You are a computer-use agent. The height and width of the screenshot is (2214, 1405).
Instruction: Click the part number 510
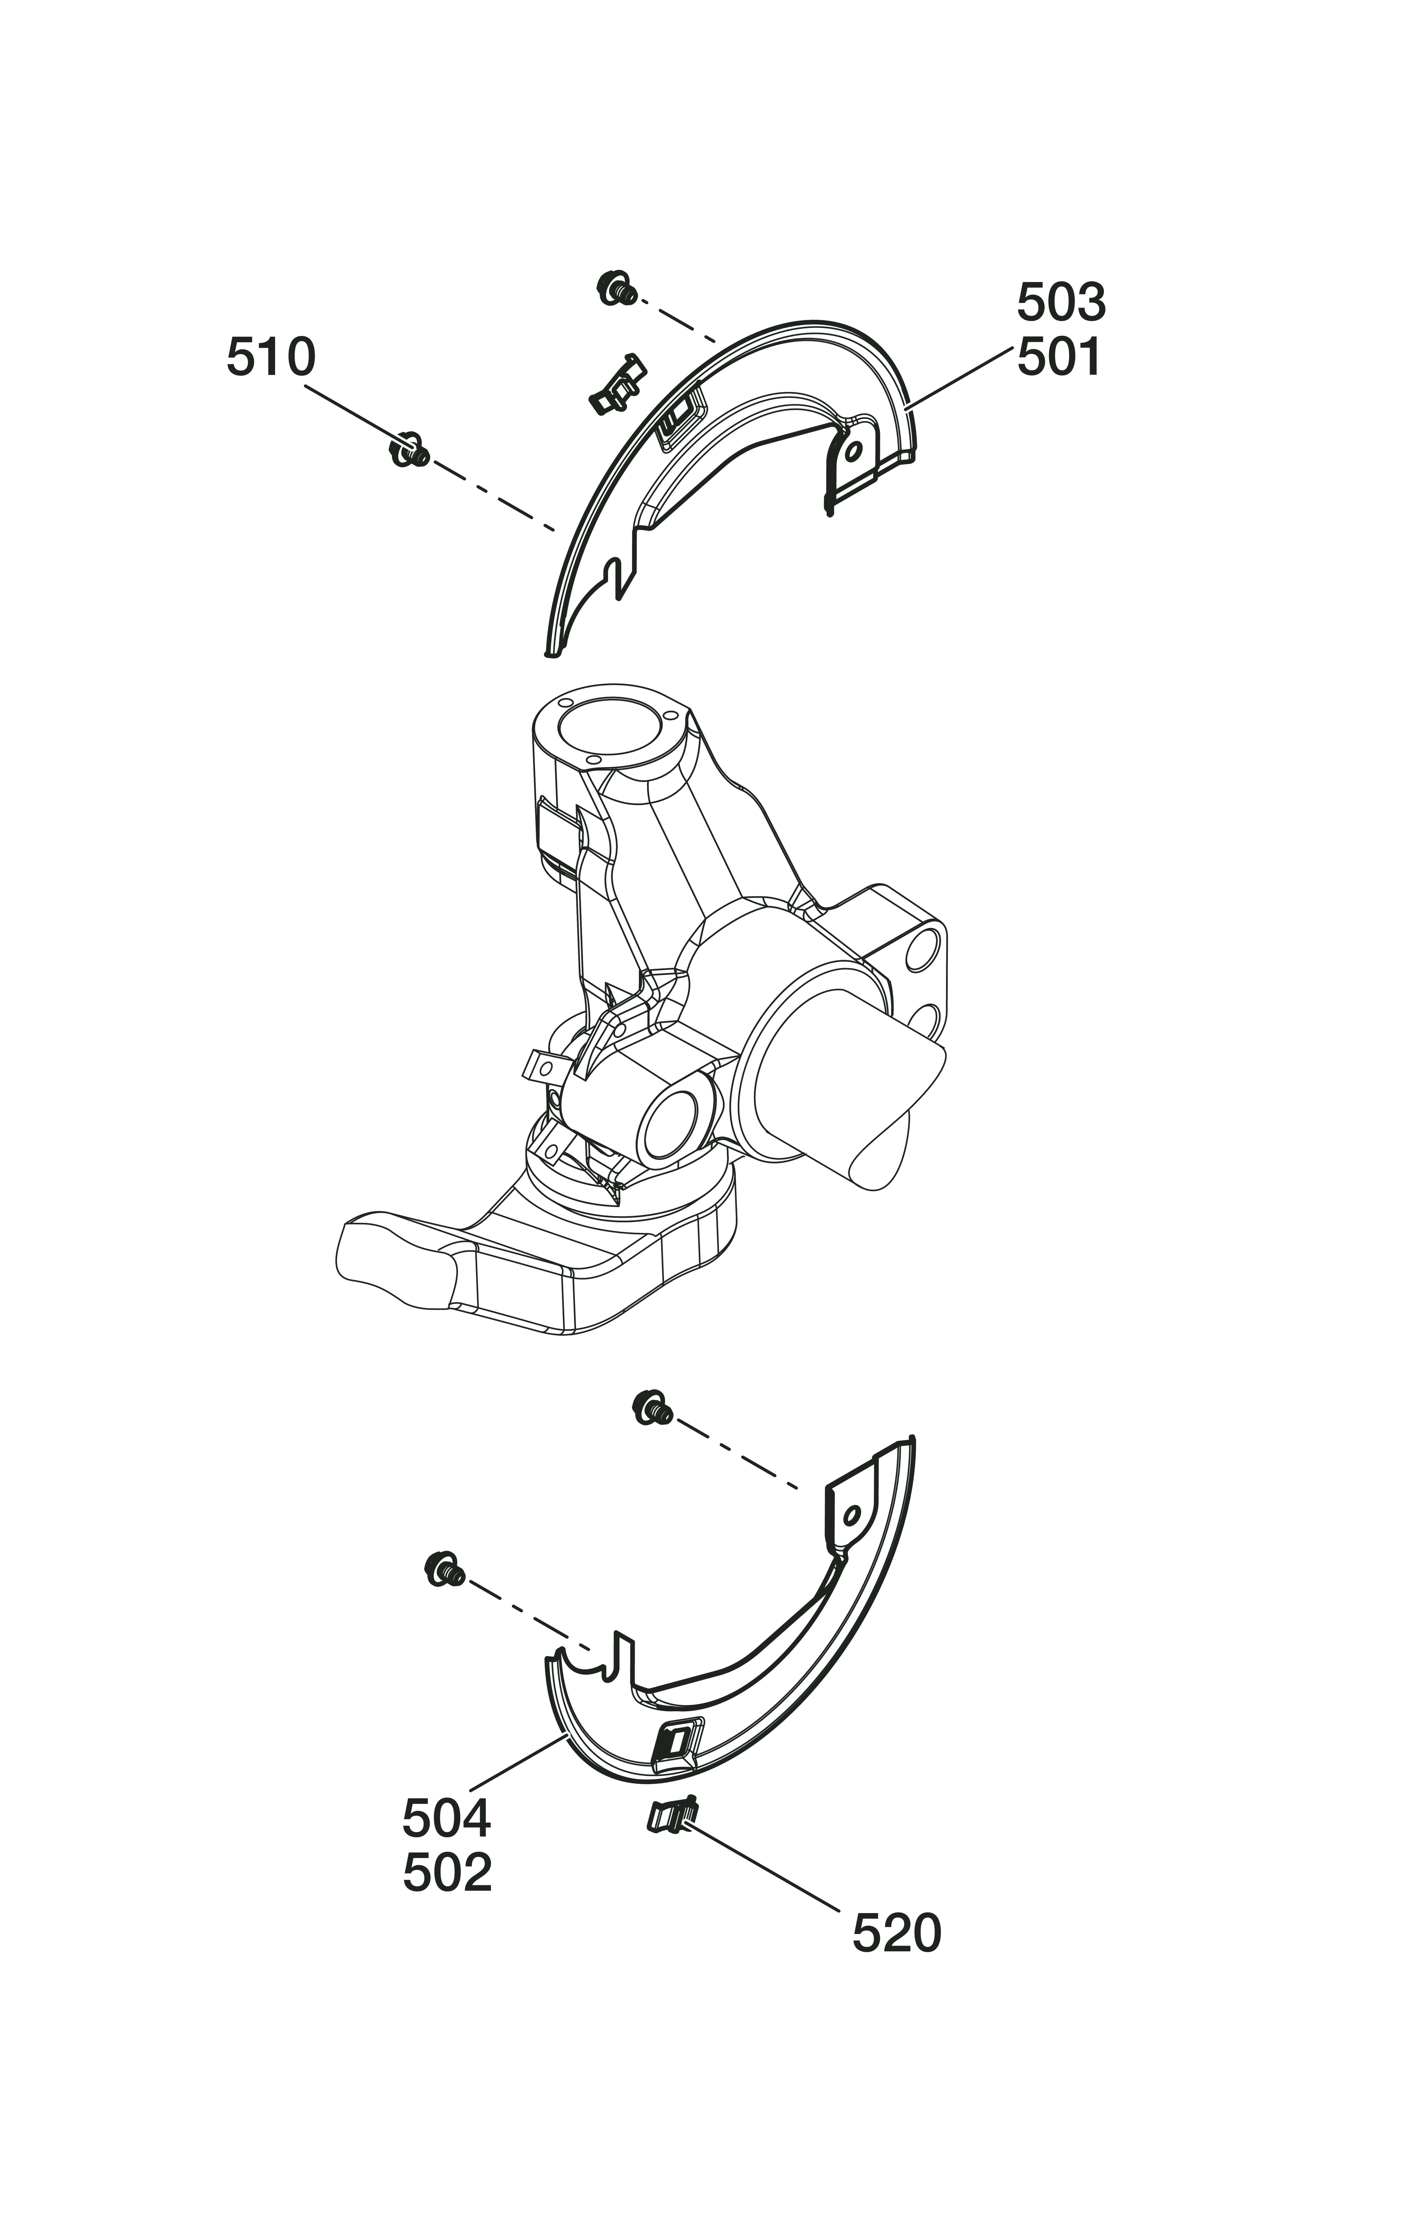271,358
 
